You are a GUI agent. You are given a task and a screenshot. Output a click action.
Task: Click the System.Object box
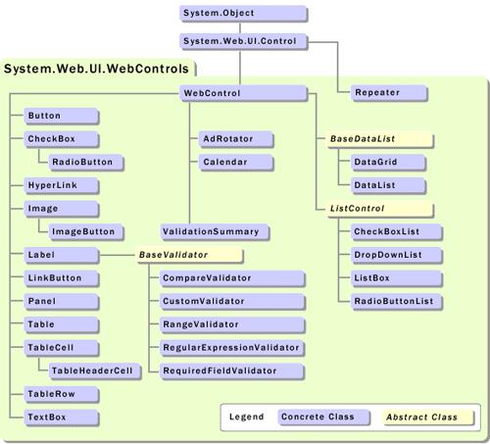tap(243, 14)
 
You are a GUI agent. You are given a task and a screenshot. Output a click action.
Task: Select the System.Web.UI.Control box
tap(243, 41)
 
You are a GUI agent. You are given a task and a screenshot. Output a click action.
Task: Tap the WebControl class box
tap(243, 93)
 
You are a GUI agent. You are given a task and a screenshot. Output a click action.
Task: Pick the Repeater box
tap(389, 93)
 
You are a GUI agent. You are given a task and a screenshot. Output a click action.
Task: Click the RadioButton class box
tap(86, 163)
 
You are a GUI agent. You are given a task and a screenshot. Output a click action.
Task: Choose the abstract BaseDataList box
tap(380, 139)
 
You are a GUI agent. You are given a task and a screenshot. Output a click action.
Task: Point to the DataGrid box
tap(388, 163)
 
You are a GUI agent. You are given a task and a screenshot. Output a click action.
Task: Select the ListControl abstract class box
tap(380, 209)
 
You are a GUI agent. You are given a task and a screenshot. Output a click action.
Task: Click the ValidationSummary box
tap(215, 232)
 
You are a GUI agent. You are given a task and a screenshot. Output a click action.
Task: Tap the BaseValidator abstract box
tap(189, 255)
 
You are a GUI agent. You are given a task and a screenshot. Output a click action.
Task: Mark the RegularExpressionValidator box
tap(232, 348)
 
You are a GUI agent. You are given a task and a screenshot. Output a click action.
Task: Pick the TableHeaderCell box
tap(95, 371)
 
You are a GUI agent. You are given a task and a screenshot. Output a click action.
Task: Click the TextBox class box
tap(62, 418)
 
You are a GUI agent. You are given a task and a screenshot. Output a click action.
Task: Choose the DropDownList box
tap(397, 255)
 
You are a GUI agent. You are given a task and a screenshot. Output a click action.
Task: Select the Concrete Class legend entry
tap(323, 418)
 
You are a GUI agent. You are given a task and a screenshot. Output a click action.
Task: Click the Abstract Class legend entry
tap(428, 418)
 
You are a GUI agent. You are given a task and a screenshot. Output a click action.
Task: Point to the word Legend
tap(246, 417)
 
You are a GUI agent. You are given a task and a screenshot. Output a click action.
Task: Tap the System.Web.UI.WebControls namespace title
tap(96, 69)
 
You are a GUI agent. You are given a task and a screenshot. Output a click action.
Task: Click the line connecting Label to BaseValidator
tap(118, 255)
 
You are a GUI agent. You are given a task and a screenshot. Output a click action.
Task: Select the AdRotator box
tap(236, 139)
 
